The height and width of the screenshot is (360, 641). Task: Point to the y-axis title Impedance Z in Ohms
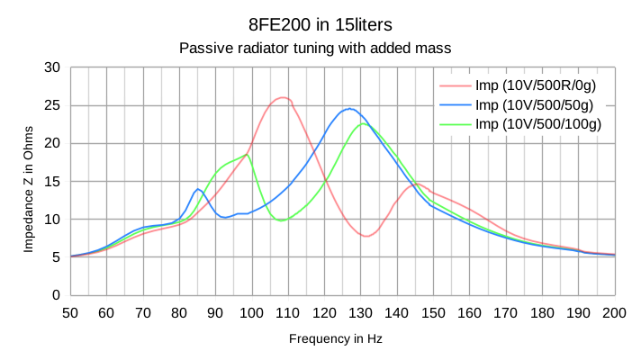tap(29, 181)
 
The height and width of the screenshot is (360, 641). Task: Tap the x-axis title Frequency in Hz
tap(335, 338)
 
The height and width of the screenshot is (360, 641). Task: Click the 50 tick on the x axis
tap(70, 311)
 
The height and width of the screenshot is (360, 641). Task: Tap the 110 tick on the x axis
tap(287, 311)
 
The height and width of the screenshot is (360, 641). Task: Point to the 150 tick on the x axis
tap(433, 311)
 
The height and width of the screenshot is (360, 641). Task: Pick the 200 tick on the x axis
tap(615, 311)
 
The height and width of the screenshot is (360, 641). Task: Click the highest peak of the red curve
tap(283, 97)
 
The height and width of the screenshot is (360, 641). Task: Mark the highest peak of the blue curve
tap(349, 108)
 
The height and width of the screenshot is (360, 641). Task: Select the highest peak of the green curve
tap(363, 123)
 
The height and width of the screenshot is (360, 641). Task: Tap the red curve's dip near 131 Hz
tap(366, 236)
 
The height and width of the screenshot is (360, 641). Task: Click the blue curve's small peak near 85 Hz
tap(198, 189)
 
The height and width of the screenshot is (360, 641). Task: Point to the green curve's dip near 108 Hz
tap(282, 220)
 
